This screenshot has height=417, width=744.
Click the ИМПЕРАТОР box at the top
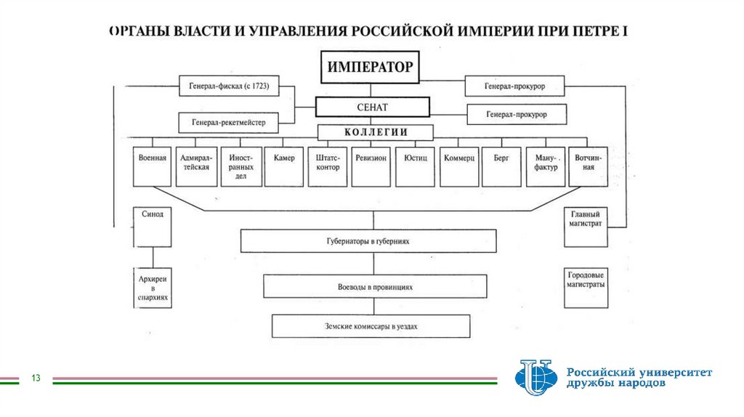370,68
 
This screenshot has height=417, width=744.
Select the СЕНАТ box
373,107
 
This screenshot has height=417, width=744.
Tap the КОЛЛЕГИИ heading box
375,132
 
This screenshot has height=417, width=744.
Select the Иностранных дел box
240,167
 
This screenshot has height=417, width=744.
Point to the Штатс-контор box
328,167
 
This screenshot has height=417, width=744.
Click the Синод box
153,226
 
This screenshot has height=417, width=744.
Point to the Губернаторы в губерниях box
369,240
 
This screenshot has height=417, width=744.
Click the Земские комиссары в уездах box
371,326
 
